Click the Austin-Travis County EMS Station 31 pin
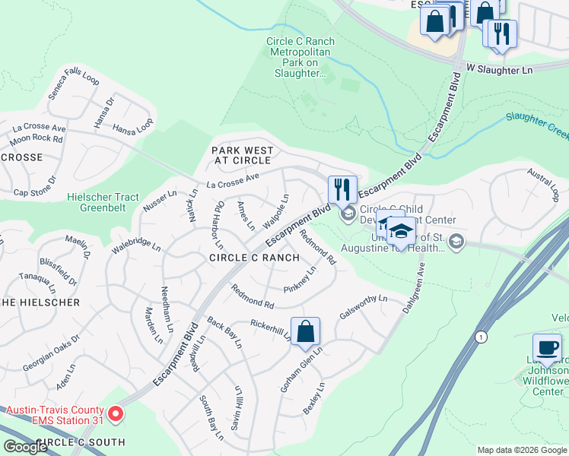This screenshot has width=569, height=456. coord(116,414)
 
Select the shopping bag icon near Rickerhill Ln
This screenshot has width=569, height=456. coord(305,331)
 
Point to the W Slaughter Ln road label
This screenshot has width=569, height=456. coord(499,69)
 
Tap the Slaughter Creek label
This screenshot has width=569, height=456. coord(537,125)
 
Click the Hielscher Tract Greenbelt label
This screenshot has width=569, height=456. coord(103,202)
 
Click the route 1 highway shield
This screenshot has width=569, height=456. coord(480,336)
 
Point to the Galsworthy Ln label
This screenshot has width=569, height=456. coord(364,309)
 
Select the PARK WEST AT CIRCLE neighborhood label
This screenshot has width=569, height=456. coord(241,156)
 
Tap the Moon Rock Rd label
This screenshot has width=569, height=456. coord(37,138)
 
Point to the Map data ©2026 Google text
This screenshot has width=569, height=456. coord(522,450)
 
